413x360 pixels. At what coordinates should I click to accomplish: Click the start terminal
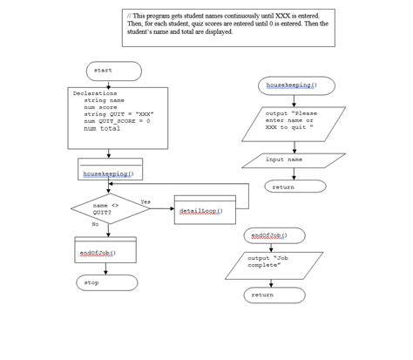[x=112, y=71]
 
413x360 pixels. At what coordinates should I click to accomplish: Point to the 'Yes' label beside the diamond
[x=145, y=201]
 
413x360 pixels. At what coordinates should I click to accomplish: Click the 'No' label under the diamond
[x=95, y=225]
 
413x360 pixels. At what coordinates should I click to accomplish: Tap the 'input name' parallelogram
[x=288, y=160]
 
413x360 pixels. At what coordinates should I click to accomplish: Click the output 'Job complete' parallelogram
[x=271, y=262]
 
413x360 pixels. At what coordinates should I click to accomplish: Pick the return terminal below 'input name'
[x=284, y=186]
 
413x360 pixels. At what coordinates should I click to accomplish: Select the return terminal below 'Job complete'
[x=264, y=295]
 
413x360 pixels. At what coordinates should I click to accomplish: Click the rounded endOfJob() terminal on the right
[x=271, y=235]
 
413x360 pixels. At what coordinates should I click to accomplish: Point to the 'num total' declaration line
[x=102, y=129]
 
